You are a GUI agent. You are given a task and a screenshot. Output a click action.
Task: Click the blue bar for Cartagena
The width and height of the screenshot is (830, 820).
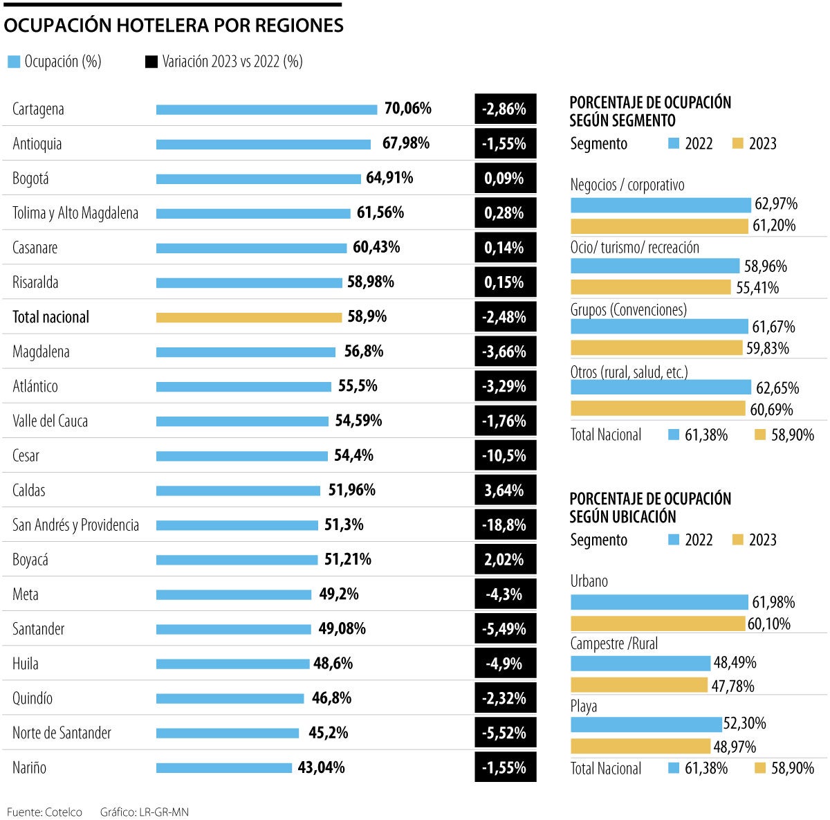coord(266,109)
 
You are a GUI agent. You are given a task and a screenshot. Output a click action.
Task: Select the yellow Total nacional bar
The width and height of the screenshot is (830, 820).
coord(249,318)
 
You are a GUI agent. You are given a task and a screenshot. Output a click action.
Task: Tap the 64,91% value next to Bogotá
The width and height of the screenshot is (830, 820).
coord(389,178)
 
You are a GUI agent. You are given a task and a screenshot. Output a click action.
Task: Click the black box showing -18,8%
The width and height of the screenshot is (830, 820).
coord(505,525)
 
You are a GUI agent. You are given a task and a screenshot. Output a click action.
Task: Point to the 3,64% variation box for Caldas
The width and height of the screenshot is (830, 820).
coord(505,490)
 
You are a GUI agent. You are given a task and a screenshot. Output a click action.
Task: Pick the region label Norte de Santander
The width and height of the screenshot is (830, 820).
coord(62,733)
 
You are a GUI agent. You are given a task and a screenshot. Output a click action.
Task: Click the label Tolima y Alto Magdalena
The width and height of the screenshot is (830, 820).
coord(75,213)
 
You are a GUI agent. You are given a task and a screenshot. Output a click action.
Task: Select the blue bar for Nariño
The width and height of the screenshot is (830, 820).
coord(224,767)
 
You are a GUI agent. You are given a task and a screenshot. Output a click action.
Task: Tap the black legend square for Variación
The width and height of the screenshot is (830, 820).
coord(151,62)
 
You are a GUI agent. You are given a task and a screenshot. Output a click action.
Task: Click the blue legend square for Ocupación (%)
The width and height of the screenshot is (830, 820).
coord(13,62)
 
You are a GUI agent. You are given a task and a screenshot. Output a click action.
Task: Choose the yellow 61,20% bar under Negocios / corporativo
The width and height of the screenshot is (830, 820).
coord(659,226)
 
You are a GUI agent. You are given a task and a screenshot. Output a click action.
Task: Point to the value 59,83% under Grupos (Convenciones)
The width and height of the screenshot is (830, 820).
coord(767,348)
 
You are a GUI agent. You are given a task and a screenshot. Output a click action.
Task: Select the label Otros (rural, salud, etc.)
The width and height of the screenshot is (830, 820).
coord(629,372)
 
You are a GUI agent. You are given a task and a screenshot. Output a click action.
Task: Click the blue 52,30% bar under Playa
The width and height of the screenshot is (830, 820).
coord(646,724)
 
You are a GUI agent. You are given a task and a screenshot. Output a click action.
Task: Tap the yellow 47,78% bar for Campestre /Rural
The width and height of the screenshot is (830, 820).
coord(640,685)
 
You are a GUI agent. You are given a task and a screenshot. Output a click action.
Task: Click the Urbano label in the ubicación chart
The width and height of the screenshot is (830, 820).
coord(589,581)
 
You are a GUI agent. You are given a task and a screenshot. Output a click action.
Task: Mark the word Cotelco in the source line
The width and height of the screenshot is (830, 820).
coord(64,812)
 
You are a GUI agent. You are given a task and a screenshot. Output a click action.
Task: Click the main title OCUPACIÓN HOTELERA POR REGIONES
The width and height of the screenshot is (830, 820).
coord(174,26)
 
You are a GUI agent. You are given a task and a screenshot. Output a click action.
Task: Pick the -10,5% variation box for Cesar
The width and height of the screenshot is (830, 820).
coord(505,455)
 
